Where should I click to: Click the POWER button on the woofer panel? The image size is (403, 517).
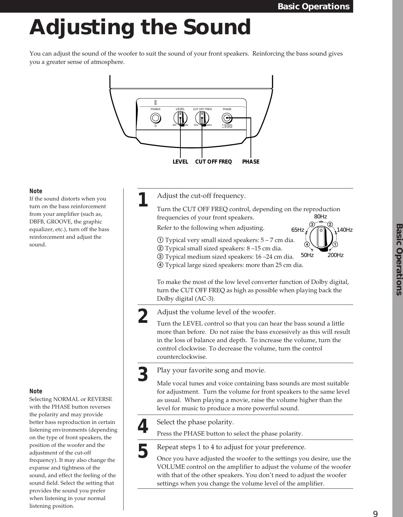pos(155,118)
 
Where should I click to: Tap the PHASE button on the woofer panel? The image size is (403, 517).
pos(227,118)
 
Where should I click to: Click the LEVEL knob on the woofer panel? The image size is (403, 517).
pos(180,118)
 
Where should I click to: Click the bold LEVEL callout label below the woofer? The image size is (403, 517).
pos(180,162)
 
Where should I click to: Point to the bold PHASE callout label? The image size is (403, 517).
pos(251,162)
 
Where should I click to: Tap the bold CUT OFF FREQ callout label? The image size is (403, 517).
pos(213,162)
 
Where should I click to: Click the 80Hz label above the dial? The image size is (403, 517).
pos(321,217)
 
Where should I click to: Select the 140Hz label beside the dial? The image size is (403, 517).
pos(345,230)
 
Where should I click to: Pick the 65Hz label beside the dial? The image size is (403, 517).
pos(298,230)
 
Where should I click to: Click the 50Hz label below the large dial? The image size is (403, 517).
pos(307,255)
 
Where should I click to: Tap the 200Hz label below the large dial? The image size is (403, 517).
pos(335,255)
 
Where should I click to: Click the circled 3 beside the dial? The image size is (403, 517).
pos(312,224)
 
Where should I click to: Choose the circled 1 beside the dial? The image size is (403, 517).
pos(336,245)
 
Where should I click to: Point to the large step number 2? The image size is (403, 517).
pos(143,316)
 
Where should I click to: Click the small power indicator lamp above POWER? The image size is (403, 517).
pos(155,102)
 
